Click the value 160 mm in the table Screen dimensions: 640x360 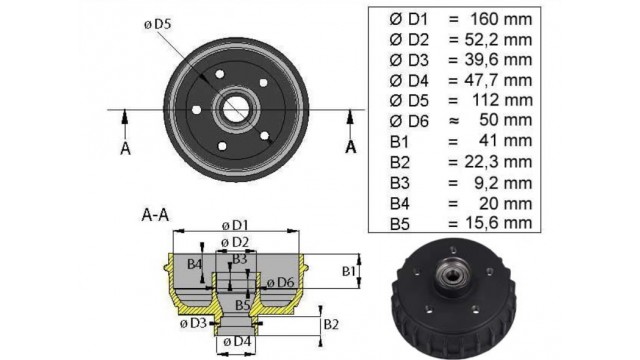501,19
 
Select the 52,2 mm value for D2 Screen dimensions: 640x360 498,40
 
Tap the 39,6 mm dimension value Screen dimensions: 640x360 498,60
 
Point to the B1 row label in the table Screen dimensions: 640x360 400,142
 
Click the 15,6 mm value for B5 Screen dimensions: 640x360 498,223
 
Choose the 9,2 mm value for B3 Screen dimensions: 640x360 503,183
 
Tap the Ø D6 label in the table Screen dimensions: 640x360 409,121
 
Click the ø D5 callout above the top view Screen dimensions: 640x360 158,24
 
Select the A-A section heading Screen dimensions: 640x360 155,215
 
